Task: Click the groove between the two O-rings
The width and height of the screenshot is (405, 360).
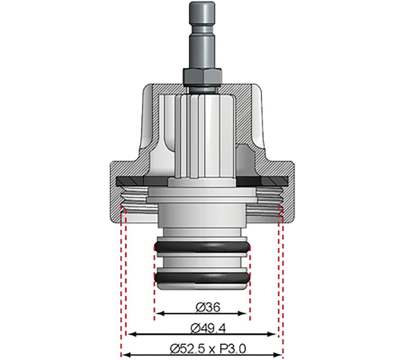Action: coord(202,262)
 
